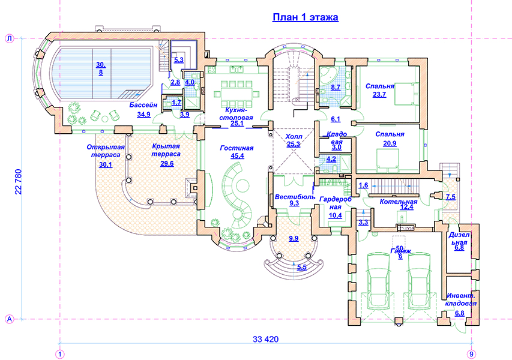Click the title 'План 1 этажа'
tap(306, 17)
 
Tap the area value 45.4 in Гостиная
tap(236, 157)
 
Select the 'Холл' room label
tap(294, 136)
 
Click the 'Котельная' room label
tap(398, 202)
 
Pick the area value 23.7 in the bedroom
tap(379, 94)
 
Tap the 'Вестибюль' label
tap(294, 196)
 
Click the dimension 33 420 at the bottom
tap(265, 340)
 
